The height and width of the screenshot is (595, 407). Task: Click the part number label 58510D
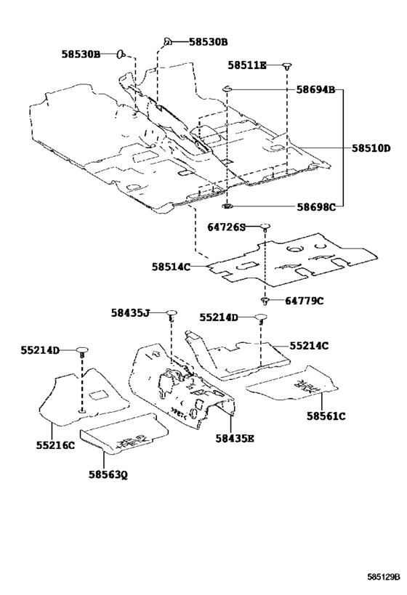pos(371,147)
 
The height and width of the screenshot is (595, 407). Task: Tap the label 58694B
pos(316,89)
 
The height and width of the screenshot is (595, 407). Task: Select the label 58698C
pos(316,207)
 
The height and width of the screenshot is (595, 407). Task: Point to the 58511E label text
pos(247,65)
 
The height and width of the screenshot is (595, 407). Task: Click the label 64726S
pos(226,227)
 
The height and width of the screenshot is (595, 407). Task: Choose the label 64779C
pos(305,301)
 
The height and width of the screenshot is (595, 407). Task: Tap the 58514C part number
pos(172,267)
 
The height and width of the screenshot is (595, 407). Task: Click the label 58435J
pos(130,312)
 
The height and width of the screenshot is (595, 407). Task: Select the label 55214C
pos(309,346)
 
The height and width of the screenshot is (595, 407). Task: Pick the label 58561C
pos(326,416)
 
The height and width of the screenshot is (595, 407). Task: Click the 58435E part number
pos(235,438)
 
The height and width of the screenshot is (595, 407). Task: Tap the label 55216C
pos(55,445)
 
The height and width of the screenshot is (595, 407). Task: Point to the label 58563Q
pos(108,474)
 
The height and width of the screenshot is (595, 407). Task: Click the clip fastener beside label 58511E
pos(287,67)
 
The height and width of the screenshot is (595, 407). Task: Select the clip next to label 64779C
pos(265,301)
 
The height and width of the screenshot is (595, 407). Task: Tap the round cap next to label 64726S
pos(265,227)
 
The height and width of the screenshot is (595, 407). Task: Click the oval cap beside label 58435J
pos(172,312)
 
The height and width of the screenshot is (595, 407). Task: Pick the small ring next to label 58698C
pos(227,206)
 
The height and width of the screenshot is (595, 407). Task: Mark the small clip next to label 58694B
pos(227,89)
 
